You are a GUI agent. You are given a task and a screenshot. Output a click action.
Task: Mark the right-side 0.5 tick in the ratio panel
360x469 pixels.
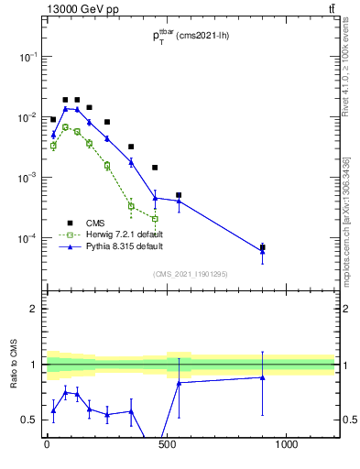click(349, 420)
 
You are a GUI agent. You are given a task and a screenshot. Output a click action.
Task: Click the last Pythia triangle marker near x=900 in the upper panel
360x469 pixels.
click(263, 251)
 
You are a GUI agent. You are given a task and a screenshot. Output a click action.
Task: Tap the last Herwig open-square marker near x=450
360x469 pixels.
click(155, 219)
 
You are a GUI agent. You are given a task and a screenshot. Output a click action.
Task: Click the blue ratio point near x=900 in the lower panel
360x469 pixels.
click(263, 376)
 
